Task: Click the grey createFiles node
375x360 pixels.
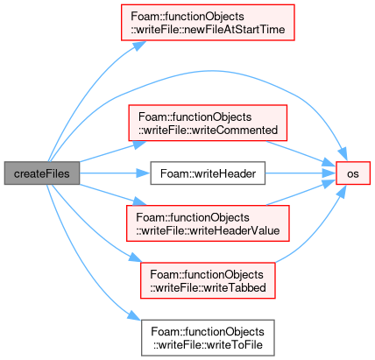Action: coord(42,173)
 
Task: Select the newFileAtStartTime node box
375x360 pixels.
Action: coord(208,23)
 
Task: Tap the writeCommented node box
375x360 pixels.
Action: coord(208,123)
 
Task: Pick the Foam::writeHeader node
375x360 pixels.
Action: coord(208,173)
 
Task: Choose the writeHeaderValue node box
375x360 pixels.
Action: coord(208,223)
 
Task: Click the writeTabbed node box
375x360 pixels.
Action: coord(208,280)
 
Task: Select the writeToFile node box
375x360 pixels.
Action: coord(208,338)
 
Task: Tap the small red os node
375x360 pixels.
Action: coord(353,173)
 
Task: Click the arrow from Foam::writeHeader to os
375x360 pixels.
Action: coord(301,173)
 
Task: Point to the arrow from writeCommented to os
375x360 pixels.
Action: coord(301,153)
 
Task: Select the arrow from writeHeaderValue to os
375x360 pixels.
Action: coord(301,193)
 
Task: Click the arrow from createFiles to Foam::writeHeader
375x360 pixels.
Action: coord(115,173)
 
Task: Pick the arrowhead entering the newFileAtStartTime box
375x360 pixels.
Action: coord(139,46)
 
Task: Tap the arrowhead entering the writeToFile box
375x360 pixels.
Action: coord(135,316)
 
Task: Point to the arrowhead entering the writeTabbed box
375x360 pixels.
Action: coord(135,258)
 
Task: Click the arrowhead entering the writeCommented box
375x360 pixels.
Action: coord(139,145)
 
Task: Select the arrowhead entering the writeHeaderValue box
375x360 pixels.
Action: coord(139,201)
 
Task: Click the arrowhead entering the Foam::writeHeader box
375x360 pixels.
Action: coord(144,173)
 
